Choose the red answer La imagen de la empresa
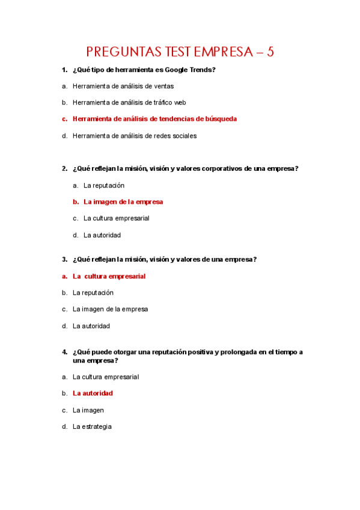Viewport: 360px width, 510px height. click(123, 201)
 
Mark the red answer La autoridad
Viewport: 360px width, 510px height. click(93, 393)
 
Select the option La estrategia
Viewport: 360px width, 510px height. click(92, 426)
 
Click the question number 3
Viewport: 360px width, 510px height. click(64, 259)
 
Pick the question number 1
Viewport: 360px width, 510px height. click(64, 70)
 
